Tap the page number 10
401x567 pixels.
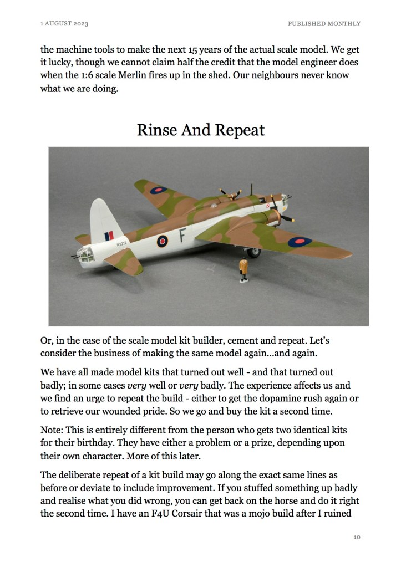pyautogui.click(x=357, y=537)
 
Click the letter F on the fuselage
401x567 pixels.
pyautogui.click(x=181, y=237)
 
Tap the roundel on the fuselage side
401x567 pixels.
pyautogui.click(x=162, y=241)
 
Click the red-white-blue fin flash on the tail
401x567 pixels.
pyautogui.click(x=109, y=236)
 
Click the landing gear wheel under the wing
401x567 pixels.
pyautogui.click(x=254, y=253)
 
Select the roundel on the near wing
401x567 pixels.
pyautogui.click(x=299, y=241)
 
